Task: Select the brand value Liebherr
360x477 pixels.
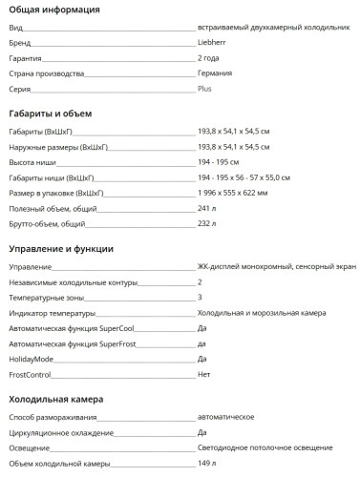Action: pyautogui.click(x=212, y=44)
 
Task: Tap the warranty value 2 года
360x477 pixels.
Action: pyautogui.click(x=210, y=58)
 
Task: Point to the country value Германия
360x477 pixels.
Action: pyautogui.click(x=215, y=73)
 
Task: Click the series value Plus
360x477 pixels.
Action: pyautogui.click(x=204, y=88)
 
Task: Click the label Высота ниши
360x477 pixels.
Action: pyautogui.click(x=31, y=162)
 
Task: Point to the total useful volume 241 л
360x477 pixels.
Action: pyautogui.click(x=208, y=208)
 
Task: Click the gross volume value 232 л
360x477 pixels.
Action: pyautogui.click(x=208, y=223)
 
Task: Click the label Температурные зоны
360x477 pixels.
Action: pyautogui.click(x=46, y=298)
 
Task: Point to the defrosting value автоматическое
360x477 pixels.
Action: pyautogui.click(x=225, y=417)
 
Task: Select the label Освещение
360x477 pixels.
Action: pyautogui.click(x=30, y=447)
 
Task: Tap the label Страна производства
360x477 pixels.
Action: pyautogui.click(x=46, y=73)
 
